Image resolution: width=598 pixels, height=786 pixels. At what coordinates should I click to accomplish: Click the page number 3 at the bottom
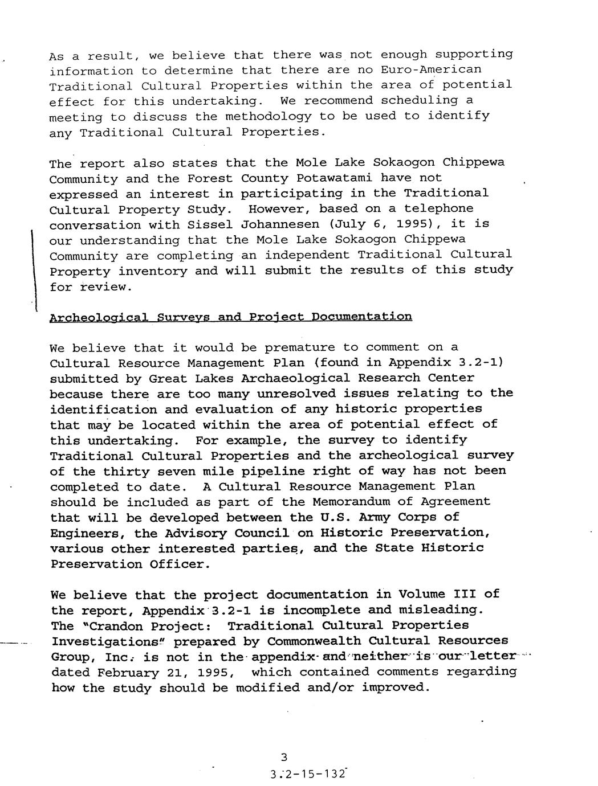point(284,757)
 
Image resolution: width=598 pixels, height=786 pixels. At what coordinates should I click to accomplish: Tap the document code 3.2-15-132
point(308,774)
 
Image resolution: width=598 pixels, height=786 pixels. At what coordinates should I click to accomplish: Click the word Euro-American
point(431,69)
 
